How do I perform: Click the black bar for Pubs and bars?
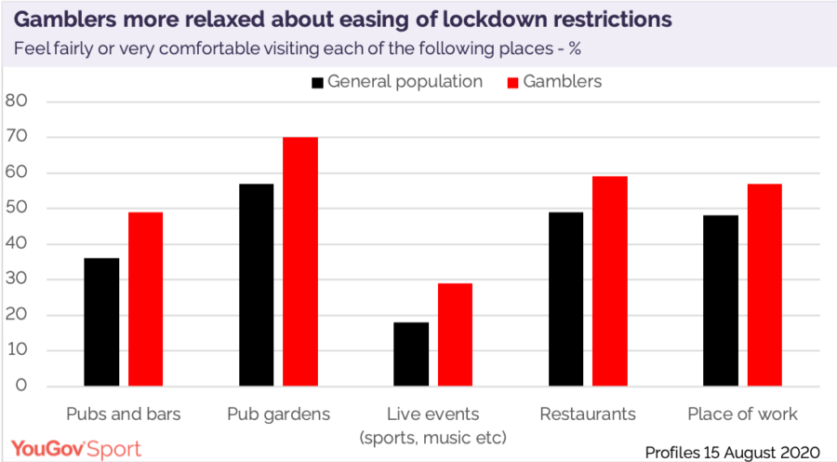[x=101, y=321]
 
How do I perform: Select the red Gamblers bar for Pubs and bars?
[x=146, y=299]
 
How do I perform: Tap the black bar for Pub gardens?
[x=257, y=284]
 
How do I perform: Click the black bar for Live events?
[x=411, y=354]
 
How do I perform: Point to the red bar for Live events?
[x=456, y=334]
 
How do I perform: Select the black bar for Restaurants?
[x=565, y=299]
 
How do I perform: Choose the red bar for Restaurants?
[x=610, y=281]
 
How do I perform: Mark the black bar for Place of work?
[x=721, y=301]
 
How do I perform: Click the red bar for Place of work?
[x=764, y=285]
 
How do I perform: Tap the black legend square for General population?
[x=318, y=82]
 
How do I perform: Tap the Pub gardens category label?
[x=278, y=414]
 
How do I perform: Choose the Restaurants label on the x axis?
[x=588, y=414]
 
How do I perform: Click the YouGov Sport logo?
[x=75, y=449]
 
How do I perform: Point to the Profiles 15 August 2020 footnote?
[x=732, y=452]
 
